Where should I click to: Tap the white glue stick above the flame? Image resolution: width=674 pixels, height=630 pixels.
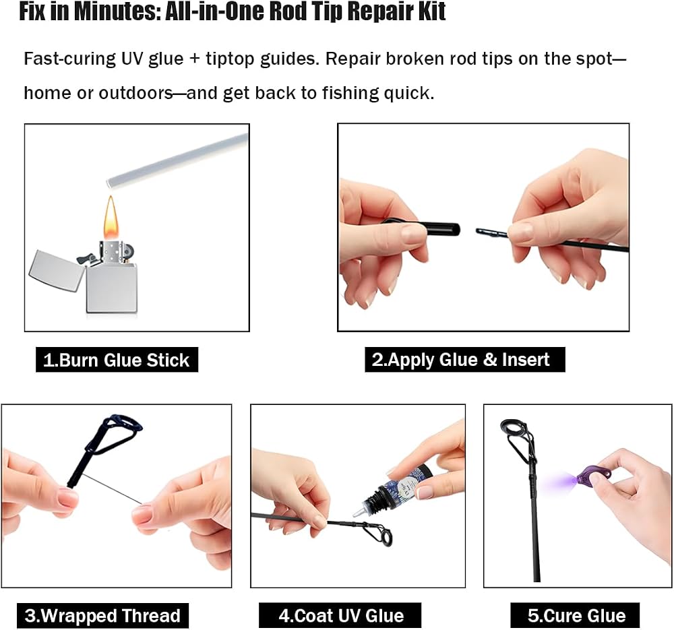coord(177,160)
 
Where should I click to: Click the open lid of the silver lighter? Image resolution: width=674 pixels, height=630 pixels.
coord(57,270)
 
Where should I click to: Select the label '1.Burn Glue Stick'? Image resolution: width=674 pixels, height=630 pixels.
coord(117,360)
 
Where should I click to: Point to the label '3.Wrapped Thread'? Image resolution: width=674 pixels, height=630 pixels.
coord(102,615)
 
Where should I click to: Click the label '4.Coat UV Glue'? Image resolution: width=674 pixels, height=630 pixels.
coord(340,615)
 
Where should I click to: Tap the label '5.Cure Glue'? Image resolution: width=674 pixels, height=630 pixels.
coord(575,615)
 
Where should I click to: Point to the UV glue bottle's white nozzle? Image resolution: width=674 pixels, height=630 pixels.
coord(359,511)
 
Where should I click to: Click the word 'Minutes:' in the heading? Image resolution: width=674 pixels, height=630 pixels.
coord(117,11)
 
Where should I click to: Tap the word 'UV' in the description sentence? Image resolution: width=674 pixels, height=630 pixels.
coord(131,59)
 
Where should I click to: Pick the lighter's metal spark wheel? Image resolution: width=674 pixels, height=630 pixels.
coord(128,250)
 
